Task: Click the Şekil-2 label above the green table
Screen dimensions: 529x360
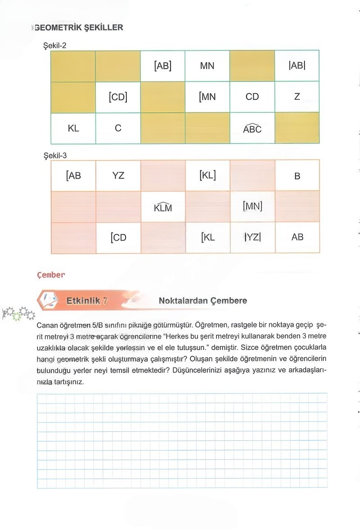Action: (x=54, y=45)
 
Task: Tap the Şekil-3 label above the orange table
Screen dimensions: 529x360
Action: (x=54, y=155)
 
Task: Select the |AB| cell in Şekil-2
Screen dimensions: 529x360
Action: (x=297, y=66)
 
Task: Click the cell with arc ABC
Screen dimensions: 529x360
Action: (x=252, y=129)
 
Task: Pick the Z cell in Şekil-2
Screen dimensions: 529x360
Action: (x=297, y=97)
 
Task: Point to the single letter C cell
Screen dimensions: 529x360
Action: (x=118, y=128)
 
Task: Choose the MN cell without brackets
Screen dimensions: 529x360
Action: (x=207, y=66)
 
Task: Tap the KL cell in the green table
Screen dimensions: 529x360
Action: (x=73, y=128)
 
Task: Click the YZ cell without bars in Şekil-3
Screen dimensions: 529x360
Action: (x=118, y=176)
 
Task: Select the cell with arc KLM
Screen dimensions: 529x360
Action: (x=163, y=207)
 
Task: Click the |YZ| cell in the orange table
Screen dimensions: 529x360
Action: (x=252, y=237)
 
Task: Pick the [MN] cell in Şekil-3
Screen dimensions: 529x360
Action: (x=252, y=206)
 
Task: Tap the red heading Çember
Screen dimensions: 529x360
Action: (x=51, y=275)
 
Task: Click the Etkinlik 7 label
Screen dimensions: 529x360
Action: (x=87, y=301)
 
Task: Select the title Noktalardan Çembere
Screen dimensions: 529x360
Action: (x=202, y=300)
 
